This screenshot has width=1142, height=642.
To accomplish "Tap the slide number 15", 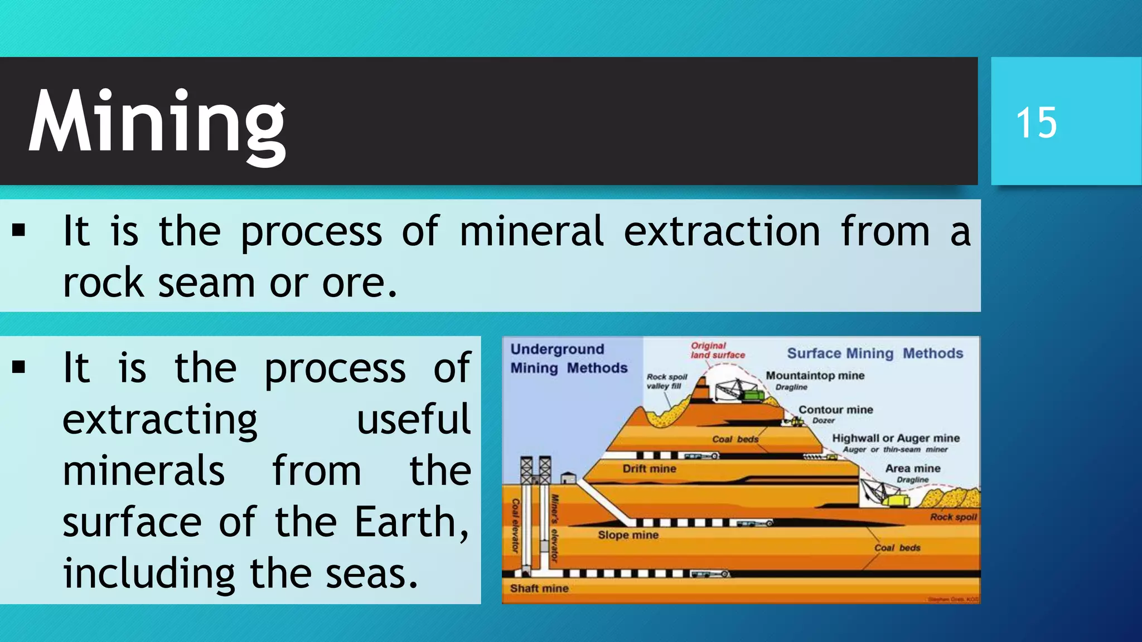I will click(1036, 123).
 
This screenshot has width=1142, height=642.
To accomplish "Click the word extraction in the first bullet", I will click(722, 231).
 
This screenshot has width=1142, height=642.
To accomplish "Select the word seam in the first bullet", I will click(207, 283).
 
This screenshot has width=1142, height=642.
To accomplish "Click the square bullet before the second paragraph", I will click(19, 367).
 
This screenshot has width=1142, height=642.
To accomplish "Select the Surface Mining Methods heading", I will click(874, 353).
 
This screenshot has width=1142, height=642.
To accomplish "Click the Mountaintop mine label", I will click(815, 376).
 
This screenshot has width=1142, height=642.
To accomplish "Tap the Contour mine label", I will click(835, 410).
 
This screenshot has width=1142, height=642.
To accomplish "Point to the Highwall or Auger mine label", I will click(896, 438).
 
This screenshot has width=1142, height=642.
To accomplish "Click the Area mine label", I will click(912, 468).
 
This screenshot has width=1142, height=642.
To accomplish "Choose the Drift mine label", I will click(649, 469).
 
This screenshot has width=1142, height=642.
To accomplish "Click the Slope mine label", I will click(628, 535).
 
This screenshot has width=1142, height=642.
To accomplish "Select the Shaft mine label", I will click(539, 588).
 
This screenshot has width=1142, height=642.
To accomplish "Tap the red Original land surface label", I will click(717, 351).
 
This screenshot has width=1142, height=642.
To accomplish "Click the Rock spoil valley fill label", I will click(666, 381).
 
